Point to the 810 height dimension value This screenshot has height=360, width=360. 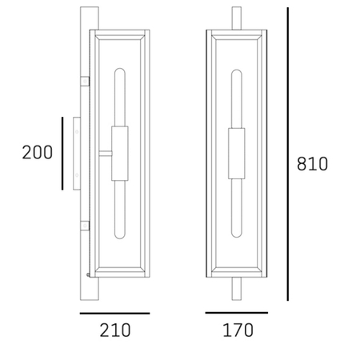(313, 165)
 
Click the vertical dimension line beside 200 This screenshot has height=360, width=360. (62, 154)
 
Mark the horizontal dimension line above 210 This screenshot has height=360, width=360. (114, 313)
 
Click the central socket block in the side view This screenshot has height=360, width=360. (119, 153)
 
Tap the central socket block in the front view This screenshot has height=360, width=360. (237, 153)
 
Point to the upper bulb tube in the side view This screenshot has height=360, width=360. (119, 96)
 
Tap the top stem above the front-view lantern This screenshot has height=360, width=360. (237, 19)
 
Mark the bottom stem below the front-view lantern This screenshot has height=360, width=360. (237, 288)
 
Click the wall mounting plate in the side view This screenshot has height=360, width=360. (75, 153)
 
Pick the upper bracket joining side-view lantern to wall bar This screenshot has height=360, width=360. (85, 82)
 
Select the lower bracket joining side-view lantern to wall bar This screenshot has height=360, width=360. (85, 226)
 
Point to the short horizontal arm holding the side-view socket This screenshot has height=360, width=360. (105, 153)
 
